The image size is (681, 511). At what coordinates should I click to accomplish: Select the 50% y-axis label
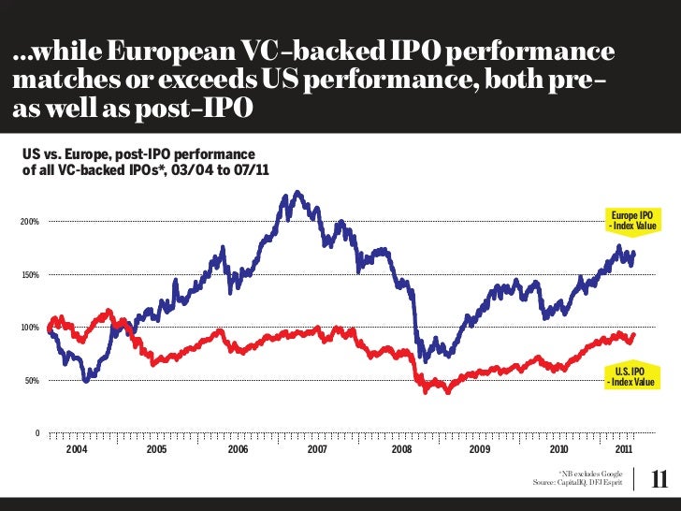pyautogui.click(x=29, y=381)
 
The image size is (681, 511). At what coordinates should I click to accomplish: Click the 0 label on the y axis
pyautogui.click(x=36, y=433)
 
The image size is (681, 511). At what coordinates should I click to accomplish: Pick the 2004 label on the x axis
pyautogui.click(x=77, y=450)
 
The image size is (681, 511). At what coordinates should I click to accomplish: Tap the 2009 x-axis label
pyautogui.click(x=479, y=450)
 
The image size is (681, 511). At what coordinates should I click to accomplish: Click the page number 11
pyautogui.click(x=659, y=478)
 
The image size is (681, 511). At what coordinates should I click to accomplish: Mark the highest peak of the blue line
pyautogui.click(x=297, y=193)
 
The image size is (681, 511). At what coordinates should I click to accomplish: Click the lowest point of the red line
pyautogui.click(x=447, y=391)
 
